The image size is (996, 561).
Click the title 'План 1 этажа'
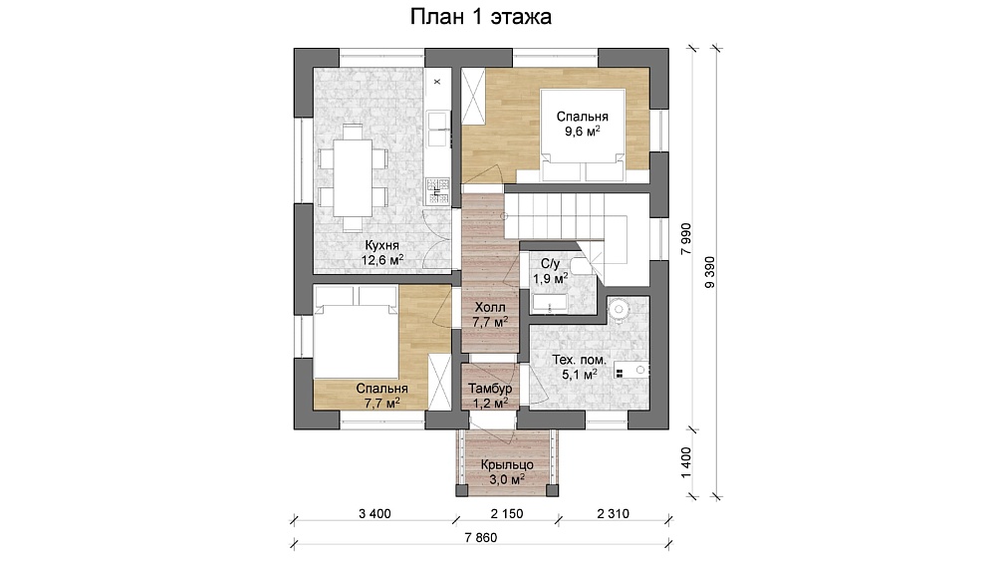pos(480,17)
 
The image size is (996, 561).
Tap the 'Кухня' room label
pos(381,245)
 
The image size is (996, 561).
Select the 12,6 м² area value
pos(382,260)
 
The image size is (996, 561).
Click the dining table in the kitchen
pos(353,177)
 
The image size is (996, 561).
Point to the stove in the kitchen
pos(437,191)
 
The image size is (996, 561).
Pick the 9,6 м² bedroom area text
pos(583,131)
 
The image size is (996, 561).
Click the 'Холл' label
pos(490,308)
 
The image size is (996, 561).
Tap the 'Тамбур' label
pos(490,389)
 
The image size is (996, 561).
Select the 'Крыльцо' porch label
pos(506,465)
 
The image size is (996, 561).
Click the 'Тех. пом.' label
pos(579,361)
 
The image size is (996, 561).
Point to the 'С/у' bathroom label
pos(550,264)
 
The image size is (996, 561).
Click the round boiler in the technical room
pos(619,309)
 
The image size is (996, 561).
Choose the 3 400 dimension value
pos(374,513)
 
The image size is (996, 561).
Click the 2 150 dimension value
pos(507,513)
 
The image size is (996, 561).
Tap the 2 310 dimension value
pos(613,513)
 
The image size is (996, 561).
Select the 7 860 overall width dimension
pos(481,537)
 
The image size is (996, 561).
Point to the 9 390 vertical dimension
pos(709,272)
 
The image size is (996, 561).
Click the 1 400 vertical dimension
pos(685,462)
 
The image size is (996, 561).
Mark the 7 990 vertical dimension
pos(685,239)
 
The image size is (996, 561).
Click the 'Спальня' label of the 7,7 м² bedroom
pos(381,389)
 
